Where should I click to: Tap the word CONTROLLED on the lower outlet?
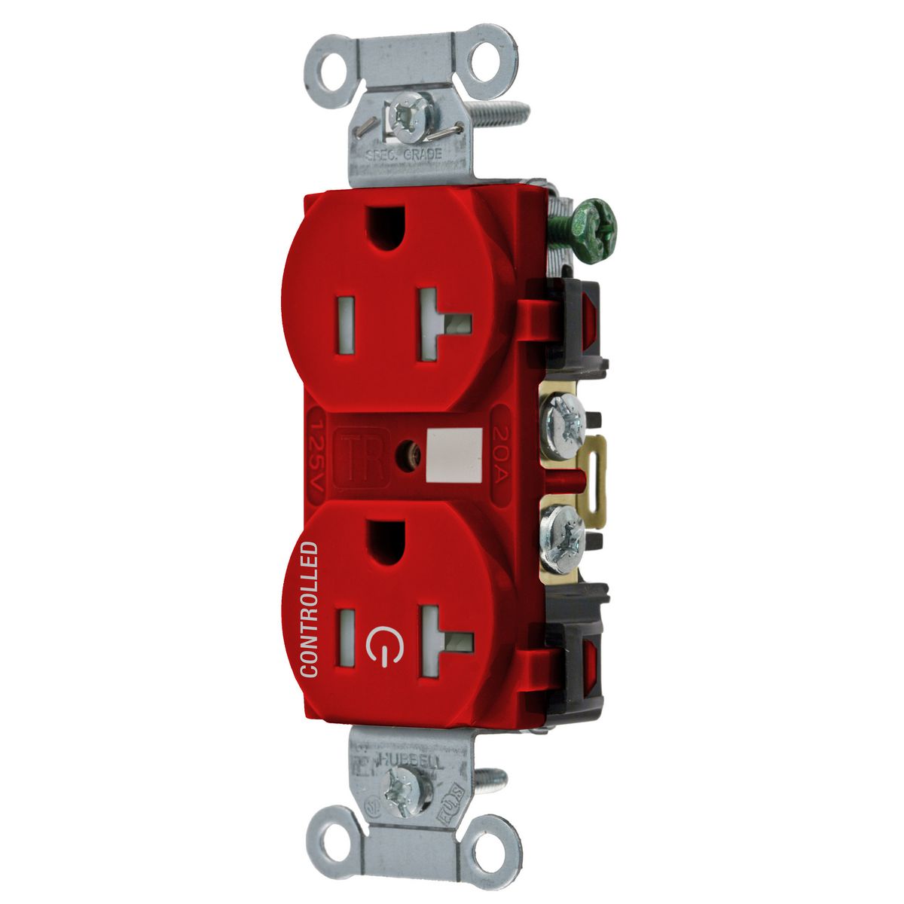[309, 609]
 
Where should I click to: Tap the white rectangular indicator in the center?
[454, 456]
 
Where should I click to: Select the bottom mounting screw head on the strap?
[400, 793]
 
